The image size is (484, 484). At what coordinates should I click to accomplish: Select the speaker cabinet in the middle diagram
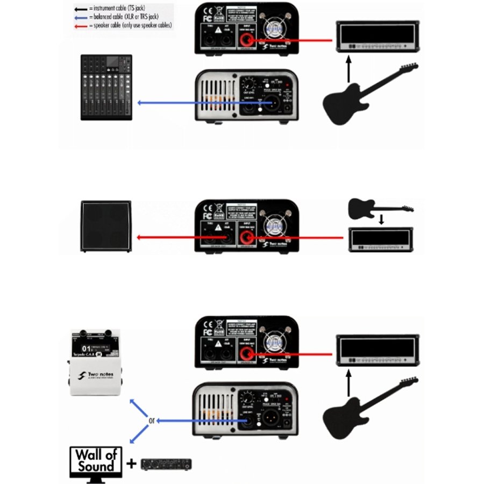point(106,226)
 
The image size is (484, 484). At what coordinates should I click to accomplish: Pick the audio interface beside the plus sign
point(166,464)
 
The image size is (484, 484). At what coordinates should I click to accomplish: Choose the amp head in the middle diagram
point(381,240)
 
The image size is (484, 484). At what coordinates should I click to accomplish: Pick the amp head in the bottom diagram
point(376,350)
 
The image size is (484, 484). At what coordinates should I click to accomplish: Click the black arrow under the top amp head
point(348,69)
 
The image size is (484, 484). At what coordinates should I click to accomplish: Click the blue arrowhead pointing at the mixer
point(140,102)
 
